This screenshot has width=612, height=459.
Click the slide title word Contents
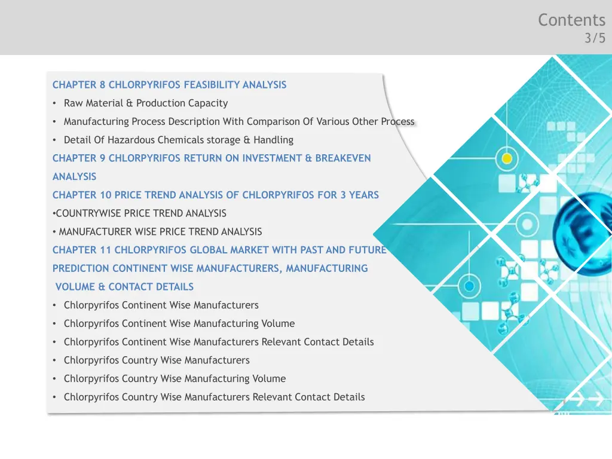point(571,20)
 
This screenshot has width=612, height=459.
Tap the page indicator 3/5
point(595,39)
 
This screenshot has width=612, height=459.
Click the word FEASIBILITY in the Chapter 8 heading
point(212,85)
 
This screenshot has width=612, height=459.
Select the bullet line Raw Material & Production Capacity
point(146,103)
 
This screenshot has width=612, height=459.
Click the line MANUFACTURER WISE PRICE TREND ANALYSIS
point(160,232)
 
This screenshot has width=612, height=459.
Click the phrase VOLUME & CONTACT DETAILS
point(124,287)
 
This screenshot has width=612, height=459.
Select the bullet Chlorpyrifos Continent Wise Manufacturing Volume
point(179,324)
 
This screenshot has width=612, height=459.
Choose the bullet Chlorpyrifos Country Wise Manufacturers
point(157,360)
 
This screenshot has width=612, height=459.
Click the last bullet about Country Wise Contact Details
point(214,397)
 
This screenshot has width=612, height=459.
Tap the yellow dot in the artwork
point(507,159)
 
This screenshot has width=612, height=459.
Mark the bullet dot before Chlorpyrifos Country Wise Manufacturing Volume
point(54,379)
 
